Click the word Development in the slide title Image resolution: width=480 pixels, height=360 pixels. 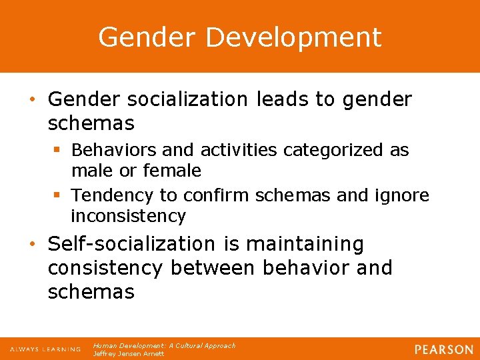tap(293, 37)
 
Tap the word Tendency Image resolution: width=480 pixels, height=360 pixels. tap(113, 195)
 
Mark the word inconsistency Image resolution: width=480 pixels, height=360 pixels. tap(128, 216)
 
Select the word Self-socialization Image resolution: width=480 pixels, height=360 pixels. tap(131, 245)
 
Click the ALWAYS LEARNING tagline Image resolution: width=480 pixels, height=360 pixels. tap(45, 349)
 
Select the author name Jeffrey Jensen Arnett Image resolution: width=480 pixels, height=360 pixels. tap(128, 354)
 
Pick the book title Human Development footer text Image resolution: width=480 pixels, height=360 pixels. tap(164, 345)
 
